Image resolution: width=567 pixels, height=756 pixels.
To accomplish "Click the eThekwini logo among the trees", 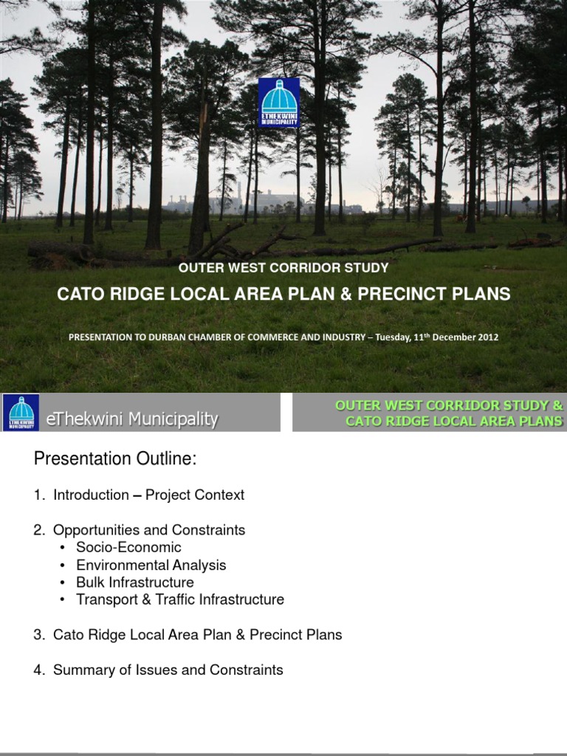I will click(x=279, y=103).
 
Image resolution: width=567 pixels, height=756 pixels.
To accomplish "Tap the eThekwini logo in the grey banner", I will click(x=21, y=413).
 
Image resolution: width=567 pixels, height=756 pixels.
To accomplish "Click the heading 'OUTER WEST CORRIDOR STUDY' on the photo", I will click(x=283, y=267).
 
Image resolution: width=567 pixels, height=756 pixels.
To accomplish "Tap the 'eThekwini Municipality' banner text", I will click(x=132, y=419).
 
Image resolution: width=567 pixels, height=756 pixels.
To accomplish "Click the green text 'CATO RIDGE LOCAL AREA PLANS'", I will click(x=454, y=421).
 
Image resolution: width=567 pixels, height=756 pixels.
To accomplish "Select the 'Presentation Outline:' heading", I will click(x=116, y=459).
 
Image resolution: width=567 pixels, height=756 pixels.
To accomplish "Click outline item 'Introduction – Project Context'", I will click(x=148, y=495).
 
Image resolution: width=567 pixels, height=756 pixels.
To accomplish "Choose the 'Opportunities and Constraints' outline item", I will click(x=149, y=530).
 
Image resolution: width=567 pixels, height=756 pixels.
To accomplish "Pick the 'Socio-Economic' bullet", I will click(x=128, y=548).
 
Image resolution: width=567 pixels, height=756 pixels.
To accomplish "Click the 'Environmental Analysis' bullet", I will click(x=151, y=566).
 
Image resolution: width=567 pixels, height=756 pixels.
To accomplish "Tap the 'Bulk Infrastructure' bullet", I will click(x=135, y=583).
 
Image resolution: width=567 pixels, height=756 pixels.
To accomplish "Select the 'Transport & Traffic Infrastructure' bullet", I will click(x=180, y=599).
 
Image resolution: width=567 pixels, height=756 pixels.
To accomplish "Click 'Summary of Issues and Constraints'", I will click(x=168, y=670).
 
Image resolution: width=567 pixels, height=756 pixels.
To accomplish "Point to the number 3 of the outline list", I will click(x=38, y=635).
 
